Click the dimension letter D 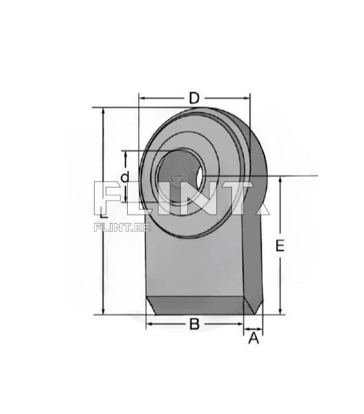click(x=194, y=98)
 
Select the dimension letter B click(x=194, y=324)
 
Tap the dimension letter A click(x=253, y=338)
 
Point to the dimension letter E click(x=280, y=246)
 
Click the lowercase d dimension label click(x=125, y=177)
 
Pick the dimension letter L click(x=104, y=212)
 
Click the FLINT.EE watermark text click(x=122, y=227)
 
